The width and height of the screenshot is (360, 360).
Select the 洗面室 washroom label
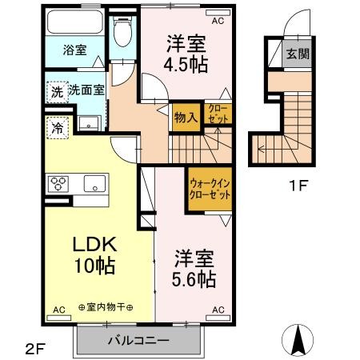pyautogui.click(x=87, y=90)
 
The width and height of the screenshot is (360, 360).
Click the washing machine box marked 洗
pyautogui.click(x=57, y=91)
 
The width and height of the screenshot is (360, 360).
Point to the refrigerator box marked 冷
pyautogui.click(x=58, y=126)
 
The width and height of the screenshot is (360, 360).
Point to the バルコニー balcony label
pyautogui.click(x=139, y=340)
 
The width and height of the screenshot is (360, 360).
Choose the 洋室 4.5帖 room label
pyautogui.click(x=186, y=52)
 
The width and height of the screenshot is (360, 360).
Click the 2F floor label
pyautogui.click(x=34, y=347)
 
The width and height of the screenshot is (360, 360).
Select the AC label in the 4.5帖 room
pyautogui.click(x=218, y=12)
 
